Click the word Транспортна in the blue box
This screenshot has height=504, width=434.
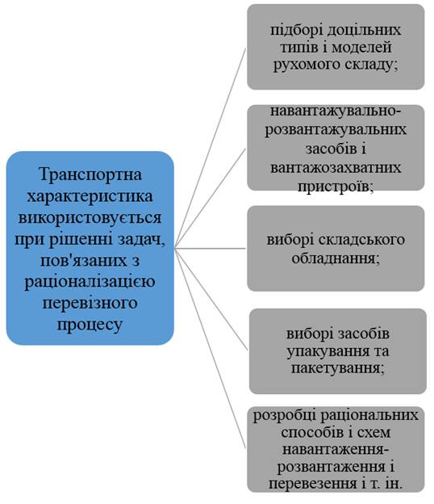coord(90,174)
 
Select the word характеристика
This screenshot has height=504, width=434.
coord(90,196)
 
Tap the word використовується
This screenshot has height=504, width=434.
coord(90,217)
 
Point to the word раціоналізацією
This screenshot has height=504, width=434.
coord(90,282)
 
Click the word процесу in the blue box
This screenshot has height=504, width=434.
coord(90,325)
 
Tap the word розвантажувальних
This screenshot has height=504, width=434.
coord(336,129)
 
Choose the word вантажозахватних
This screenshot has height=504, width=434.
coord(336,168)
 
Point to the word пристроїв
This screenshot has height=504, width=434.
coord(336,187)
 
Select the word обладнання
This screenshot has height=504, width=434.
coord(336,258)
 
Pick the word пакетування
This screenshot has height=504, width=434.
coord(338,368)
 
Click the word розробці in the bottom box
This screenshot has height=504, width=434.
coord(284,416)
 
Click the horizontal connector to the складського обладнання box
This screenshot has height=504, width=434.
coord(211,249)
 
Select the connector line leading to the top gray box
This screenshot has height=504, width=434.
coord(211,148)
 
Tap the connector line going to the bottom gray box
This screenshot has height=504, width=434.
coord(211,348)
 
